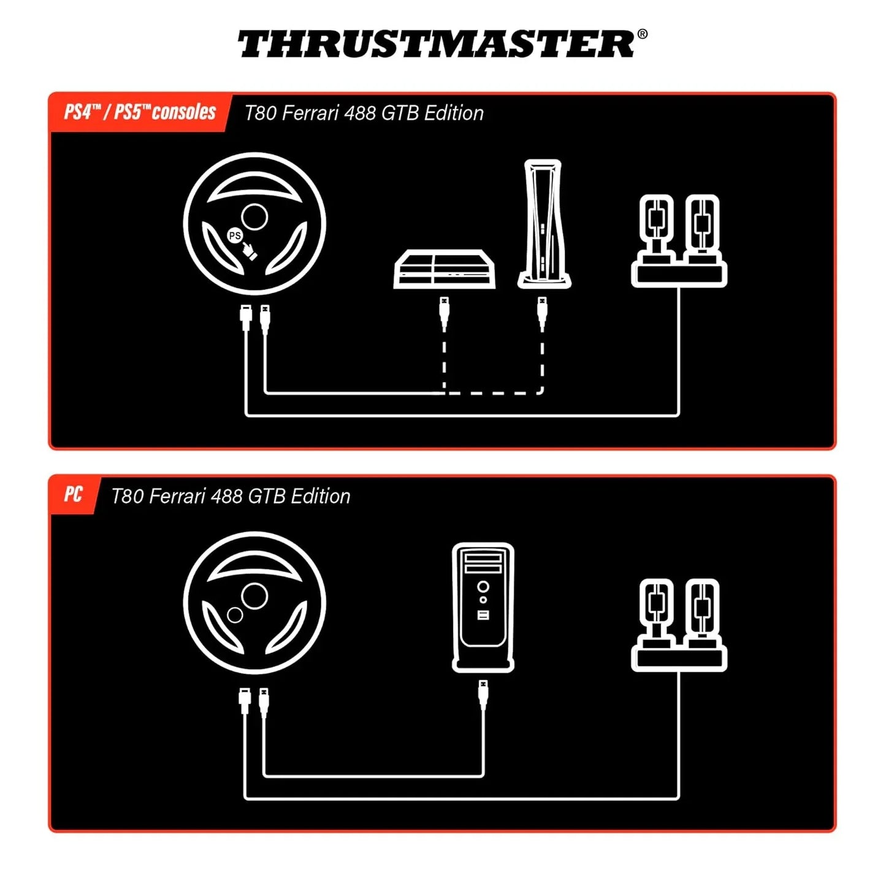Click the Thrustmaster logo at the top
tap(436, 44)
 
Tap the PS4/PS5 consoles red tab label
tap(140, 112)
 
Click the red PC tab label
tap(73, 494)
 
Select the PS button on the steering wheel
tap(235, 235)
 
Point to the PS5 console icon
tap(543, 223)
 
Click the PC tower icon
tap(483, 606)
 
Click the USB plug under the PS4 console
tap(445, 310)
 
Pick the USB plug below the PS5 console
tap(542, 310)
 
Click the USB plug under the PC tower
tap(483, 693)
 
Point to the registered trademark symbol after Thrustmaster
tap(642, 34)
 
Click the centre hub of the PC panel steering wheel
tap(254, 595)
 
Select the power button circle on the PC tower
tap(483, 587)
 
